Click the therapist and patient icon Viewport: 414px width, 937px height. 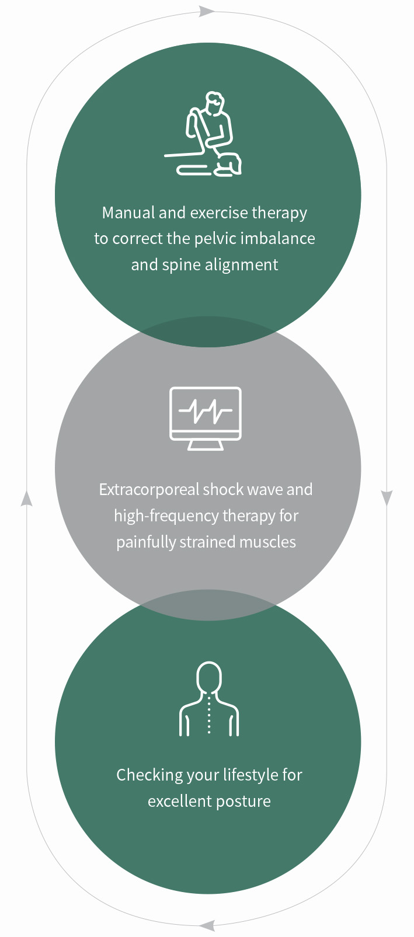(204, 135)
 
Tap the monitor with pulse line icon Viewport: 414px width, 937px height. (205, 418)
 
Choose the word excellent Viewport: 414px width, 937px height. (177, 802)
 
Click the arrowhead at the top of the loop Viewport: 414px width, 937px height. (206, 11)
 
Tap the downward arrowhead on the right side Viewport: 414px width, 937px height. (387, 498)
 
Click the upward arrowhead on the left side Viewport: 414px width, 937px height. (26, 498)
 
